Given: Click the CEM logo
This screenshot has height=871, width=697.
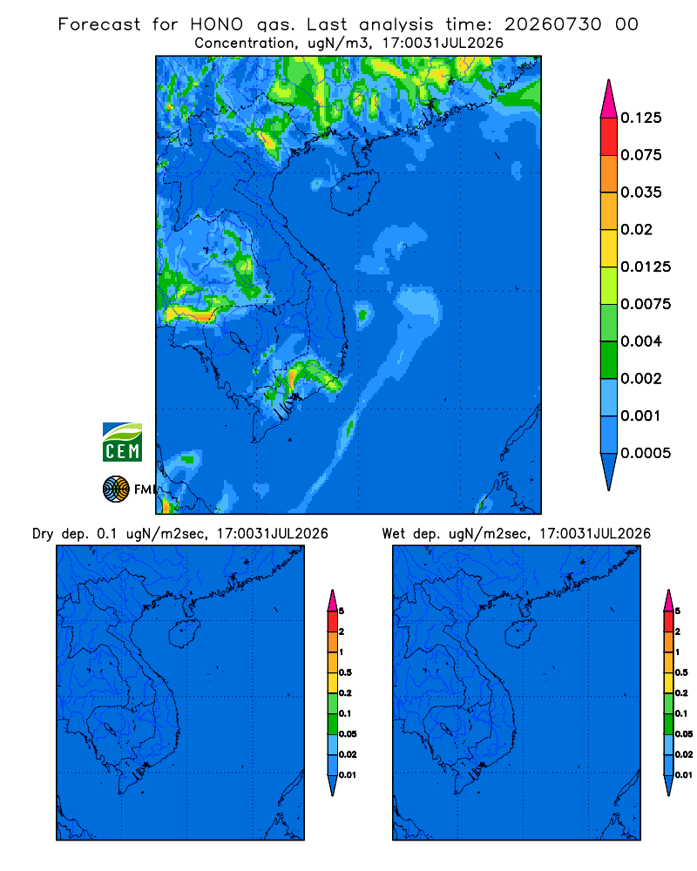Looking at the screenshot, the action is click(122, 442).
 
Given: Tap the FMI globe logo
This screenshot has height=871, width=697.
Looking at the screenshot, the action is click(116, 489).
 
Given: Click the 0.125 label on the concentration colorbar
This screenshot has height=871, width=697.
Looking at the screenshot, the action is click(641, 118).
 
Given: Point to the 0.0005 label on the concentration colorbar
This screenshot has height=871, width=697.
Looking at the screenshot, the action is click(646, 453).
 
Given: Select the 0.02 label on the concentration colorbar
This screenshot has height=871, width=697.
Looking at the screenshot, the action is click(636, 229).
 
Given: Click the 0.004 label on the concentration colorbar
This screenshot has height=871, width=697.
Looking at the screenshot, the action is click(641, 341).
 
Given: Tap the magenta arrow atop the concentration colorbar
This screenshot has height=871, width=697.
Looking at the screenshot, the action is click(609, 98).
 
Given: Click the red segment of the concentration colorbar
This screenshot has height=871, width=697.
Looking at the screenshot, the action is click(609, 136).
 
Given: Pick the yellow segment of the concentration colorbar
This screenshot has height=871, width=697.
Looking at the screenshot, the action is click(609, 247).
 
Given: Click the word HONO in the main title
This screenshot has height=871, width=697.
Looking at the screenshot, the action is click(217, 24).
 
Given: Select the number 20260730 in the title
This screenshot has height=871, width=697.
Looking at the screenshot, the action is click(552, 24).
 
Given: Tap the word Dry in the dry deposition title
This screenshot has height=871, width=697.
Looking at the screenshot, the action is click(42, 534).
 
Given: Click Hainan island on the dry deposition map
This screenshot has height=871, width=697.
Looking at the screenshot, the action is click(184, 634).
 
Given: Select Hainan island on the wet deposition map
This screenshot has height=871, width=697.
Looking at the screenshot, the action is click(520, 634).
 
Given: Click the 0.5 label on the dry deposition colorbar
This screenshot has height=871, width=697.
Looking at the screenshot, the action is click(345, 672).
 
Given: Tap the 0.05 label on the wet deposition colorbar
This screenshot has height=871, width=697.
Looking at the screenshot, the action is click(684, 733).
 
